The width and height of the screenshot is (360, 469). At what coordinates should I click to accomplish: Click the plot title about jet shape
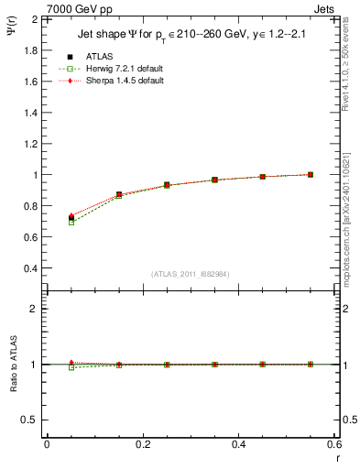click(191, 37)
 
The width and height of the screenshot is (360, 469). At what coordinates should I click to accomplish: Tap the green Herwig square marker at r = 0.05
click(71, 223)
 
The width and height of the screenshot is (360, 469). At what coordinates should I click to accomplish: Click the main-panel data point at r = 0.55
click(311, 174)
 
